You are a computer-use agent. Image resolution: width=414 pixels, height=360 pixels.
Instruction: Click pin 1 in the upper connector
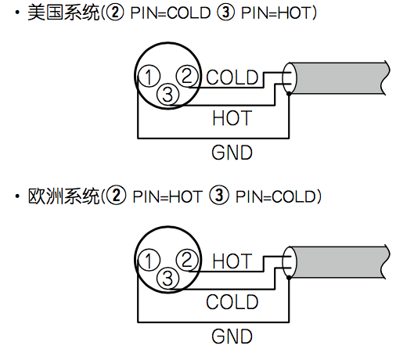[149, 76]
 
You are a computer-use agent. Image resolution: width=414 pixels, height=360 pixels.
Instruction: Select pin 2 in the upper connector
[187, 76]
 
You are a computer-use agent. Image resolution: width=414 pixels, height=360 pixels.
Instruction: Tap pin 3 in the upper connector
[168, 94]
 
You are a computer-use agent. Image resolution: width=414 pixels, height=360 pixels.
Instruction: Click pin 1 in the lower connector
[149, 260]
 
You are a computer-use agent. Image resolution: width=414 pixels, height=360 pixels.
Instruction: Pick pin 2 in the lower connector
[187, 259]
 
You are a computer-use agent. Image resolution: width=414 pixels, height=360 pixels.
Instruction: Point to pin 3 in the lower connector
[168, 278]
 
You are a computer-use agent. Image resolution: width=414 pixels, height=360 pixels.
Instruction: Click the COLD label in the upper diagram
[232, 77]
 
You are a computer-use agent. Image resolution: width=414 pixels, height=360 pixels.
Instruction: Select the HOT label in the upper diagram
[232, 118]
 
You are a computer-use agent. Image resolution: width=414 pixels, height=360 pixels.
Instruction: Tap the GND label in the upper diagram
[232, 153]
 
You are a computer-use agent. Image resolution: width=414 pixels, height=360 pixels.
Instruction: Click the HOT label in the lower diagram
[232, 261]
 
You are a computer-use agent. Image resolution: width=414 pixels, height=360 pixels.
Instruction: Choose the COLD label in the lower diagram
[232, 302]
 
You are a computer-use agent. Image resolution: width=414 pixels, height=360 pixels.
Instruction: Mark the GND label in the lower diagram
[232, 337]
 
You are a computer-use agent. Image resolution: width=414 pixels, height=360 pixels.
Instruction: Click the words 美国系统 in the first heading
[63, 13]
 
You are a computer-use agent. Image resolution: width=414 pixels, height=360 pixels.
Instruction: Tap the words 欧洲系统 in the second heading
[63, 196]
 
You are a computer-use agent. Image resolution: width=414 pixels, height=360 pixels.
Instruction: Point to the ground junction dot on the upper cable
[289, 93]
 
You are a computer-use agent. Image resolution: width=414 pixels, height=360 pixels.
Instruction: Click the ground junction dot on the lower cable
[289, 277]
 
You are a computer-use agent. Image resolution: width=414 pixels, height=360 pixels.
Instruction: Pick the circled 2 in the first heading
[114, 13]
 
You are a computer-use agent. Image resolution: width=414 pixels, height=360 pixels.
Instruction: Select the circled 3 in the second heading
[219, 196]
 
